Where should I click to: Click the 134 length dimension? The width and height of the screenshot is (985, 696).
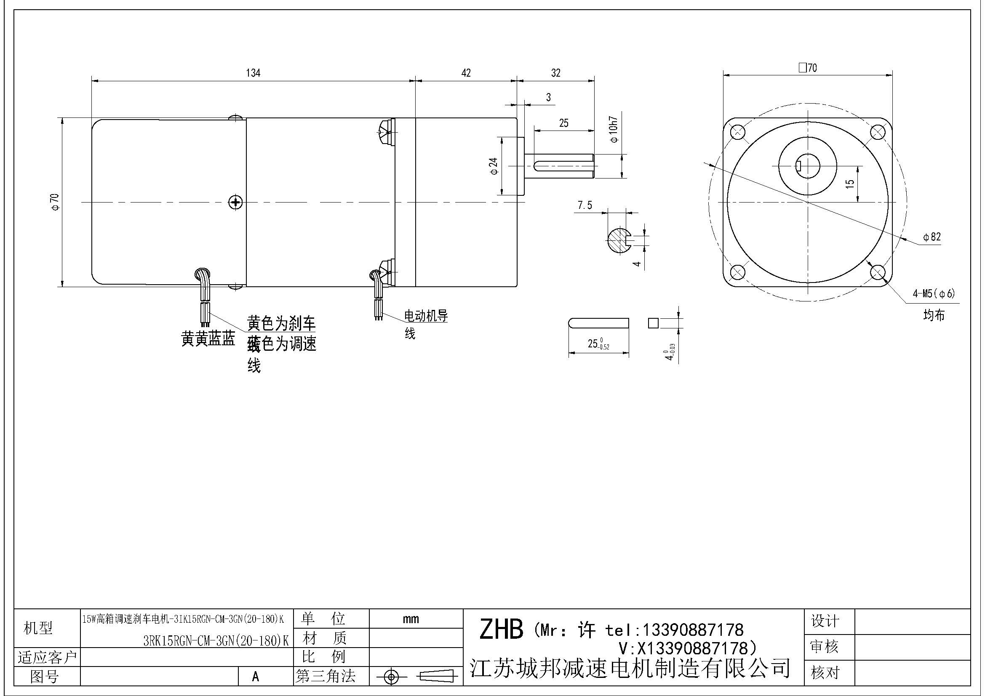[x=253, y=73]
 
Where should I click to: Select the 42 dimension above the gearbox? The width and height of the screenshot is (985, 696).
[x=466, y=73]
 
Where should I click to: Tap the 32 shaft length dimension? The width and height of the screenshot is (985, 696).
[x=555, y=73]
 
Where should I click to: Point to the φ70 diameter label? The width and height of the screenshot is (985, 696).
[x=55, y=202]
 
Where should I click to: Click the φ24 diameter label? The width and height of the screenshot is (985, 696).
[x=494, y=166]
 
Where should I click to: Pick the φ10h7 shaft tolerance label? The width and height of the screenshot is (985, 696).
[x=614, y=129]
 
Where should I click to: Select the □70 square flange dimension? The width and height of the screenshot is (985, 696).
[x=808, y=68]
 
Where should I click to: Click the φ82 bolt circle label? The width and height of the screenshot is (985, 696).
[x=932, y=237]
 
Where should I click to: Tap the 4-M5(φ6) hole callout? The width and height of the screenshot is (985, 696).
[x=934, y=294]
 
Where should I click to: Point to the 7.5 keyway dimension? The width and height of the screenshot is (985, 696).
[x=585, y=205]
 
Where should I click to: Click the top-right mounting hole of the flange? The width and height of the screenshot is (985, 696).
[x=877, y=132]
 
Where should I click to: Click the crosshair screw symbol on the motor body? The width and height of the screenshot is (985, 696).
[x=235, y=203]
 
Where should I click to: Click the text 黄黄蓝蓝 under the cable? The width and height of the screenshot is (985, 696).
[x=208, y=340]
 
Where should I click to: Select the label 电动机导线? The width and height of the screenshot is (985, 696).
[x=426, y=317]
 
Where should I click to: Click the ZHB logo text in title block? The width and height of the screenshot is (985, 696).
[x=501, y=629]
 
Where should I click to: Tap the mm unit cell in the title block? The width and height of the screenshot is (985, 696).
[x=411, y=619]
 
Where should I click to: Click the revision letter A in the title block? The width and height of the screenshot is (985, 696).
[x=255, y=677]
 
